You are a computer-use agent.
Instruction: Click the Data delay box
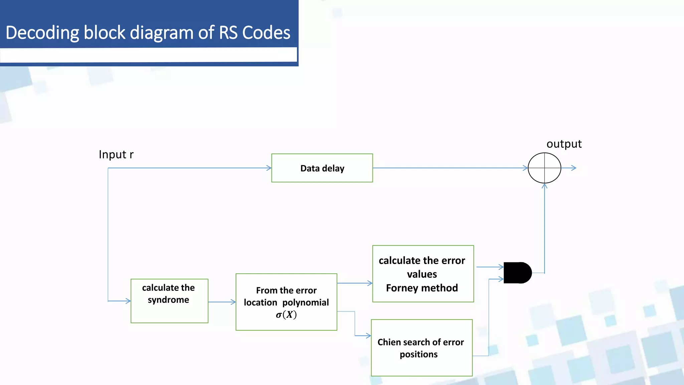click(x=322, y=168)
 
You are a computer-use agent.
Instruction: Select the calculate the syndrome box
click(x=169, y=301)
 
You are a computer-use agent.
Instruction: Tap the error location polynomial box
click(x=286, y=302)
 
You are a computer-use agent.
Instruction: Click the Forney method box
click(x=423, y=274)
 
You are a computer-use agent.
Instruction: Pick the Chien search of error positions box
click(x=421, y=348)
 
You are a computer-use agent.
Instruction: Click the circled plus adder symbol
click(x=544, y=168)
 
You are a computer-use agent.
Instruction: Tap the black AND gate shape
click(x=517, y=273)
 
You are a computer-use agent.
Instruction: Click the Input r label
click(x=116, y=154)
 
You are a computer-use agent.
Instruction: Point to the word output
click(x=564, y=144)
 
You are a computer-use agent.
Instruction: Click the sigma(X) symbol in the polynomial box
click(x=286, y=315)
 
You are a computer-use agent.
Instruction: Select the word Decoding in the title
click(x=42, y=33)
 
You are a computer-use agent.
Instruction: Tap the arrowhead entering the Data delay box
click(x=269, y=168)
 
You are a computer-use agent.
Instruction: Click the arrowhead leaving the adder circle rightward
click(x=574, y=168)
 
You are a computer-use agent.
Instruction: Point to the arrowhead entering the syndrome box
click(x=128, y=301)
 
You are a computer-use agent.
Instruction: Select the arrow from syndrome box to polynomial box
click(x=222, y=302)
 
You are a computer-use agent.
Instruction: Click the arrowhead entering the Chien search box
click(x=368, y=336)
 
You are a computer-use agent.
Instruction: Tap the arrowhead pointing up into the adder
click(x=544, y=186)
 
